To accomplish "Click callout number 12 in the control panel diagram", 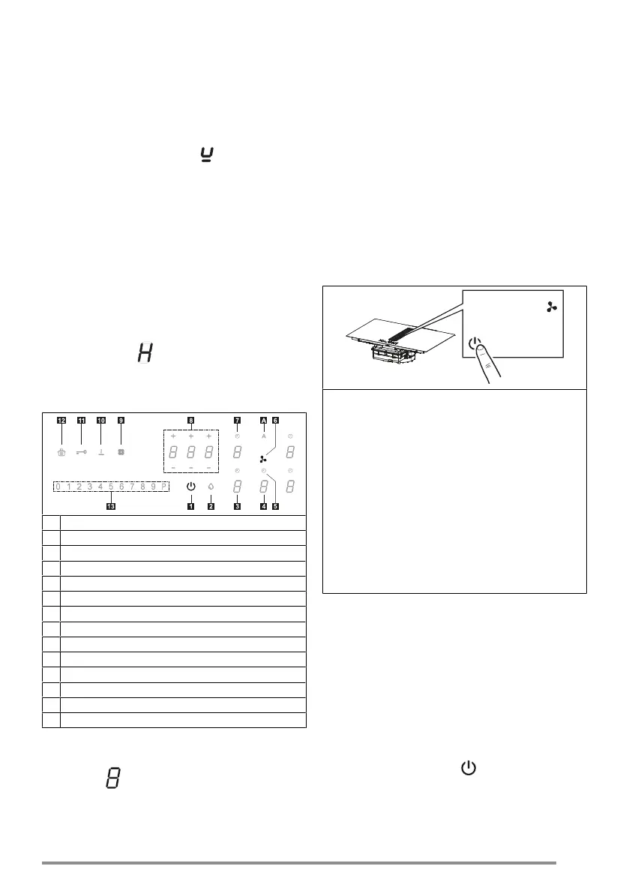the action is [61, 421].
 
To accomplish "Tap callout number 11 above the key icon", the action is [81, 421].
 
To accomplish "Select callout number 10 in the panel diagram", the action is [100, 421].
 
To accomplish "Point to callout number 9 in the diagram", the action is [120, 421].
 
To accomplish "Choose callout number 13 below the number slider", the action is [111, 507].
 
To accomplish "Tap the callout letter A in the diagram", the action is [264, 421].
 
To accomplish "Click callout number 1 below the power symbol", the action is [190, 507].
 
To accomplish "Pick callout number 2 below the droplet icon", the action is [211, 507].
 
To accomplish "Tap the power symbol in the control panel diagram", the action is [190, 487].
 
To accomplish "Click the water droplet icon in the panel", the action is [211, 487].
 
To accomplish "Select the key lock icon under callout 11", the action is [81, 452].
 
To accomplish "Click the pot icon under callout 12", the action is [61, 452].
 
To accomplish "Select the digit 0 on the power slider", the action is [58, 487].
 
